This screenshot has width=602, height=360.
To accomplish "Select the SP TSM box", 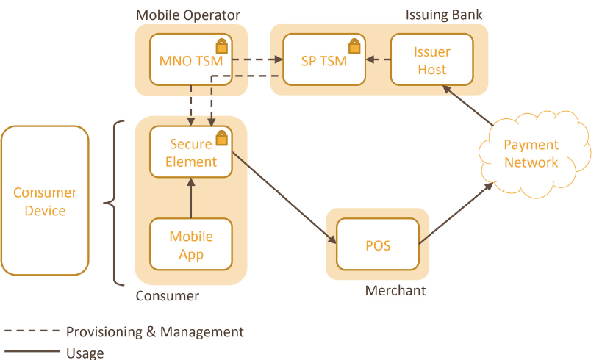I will (x=323, y=60).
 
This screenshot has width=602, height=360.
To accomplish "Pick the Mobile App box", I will (x=191, y=245).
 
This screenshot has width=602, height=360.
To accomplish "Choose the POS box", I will (x=377, y=245).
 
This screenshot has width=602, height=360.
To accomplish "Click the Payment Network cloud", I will (x=531, y=154).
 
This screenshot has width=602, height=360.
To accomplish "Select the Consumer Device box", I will (x=45, y=201).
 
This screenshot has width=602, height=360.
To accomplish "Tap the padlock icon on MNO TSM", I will (x=221, y=46).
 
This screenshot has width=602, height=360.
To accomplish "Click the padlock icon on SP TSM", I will (x=354, y=46).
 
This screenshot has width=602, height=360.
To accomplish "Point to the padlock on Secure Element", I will (x=221, y=138).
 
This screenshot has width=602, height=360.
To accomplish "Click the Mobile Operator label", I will (x=187, y=15).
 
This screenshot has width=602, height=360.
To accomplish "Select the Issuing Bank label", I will (x=444, y=15).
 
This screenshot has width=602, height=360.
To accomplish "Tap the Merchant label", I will (x=395, y=291).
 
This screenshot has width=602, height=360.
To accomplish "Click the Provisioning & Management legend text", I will (x=154, y=332).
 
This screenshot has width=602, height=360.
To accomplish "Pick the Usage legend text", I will (x=85, y=353).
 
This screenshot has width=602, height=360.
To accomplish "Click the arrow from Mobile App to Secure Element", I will (x=191, y=198).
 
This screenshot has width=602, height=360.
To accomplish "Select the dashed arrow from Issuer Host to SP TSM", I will (x=378, y=60).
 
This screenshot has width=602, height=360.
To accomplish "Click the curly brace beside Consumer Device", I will (x=112, y=202).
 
